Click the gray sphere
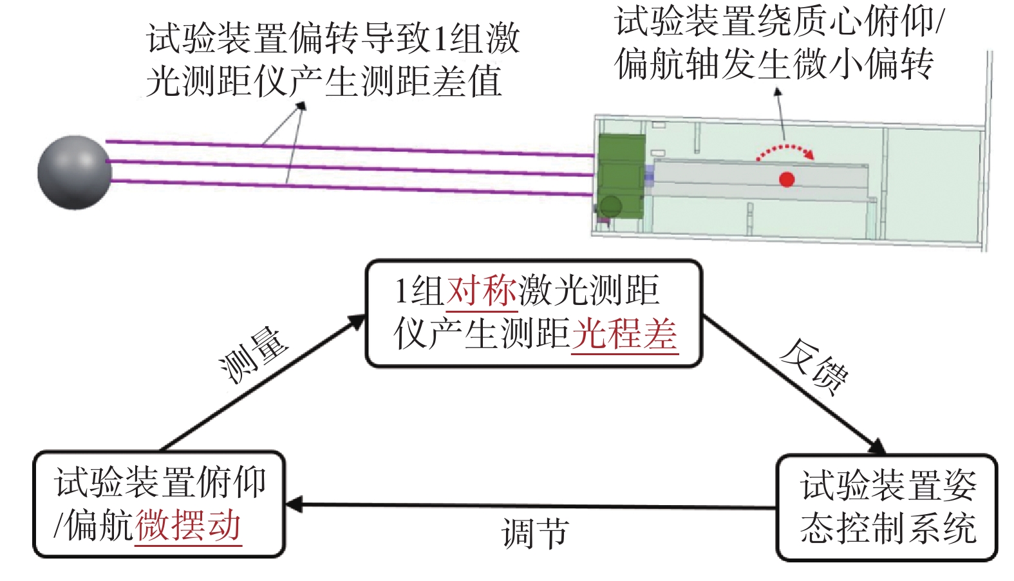coord(74,172)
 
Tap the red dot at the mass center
coord(787,179)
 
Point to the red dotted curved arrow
coord(785,150)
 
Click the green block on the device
coord(621,176)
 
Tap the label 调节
coord(534,533)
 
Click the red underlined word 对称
coord(482,291)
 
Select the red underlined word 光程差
coord(624,335)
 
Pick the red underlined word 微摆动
coord(188,526)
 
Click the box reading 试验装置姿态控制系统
coord(887,508)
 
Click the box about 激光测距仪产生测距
coord(534,313)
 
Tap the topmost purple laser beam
coord(350,149)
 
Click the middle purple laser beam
coord(350,168)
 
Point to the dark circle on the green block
coord(611,207)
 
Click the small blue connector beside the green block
coord(649,176)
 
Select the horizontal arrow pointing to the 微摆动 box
coord(530,506)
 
